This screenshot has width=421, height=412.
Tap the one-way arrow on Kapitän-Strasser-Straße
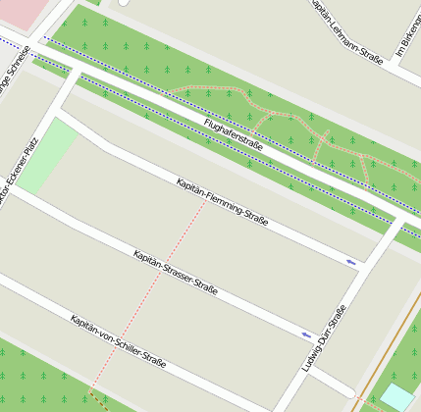(307, 335)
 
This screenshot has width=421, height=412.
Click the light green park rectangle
(45, 156)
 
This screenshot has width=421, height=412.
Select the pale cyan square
(397, 397)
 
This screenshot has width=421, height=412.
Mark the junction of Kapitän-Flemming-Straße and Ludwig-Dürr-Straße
(366, 266)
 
